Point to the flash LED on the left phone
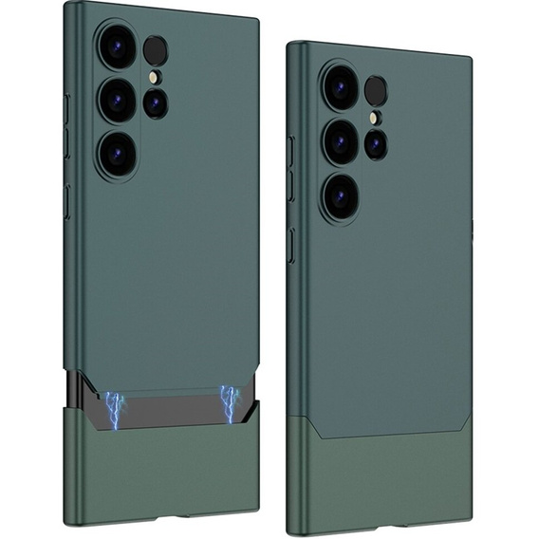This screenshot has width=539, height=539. [x=154, y=76]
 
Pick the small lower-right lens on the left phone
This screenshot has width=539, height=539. [x=156, y=102]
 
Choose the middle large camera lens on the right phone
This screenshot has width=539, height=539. [x=341, y=140]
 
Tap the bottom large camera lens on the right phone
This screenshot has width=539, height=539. [x=341, y=195]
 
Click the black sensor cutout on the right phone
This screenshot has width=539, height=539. [x=376, y=91]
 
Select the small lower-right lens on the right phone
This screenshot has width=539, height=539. [x=376, y=144]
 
